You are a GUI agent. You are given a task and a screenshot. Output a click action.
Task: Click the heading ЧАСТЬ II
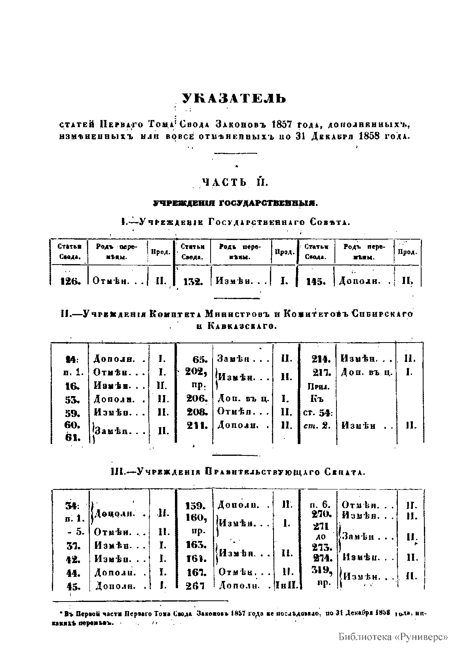pos(236,182)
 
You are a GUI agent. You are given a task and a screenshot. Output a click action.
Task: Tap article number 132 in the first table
pos(193,282)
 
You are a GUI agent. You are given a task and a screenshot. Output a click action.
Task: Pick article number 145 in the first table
pos(316,282)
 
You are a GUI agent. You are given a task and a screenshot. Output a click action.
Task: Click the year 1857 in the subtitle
pos(281,124)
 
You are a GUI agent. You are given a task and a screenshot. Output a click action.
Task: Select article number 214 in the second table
pos(320,360)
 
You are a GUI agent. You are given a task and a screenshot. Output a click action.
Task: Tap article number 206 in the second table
pos(197,398)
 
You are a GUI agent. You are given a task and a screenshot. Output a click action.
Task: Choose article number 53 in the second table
pos(72,400)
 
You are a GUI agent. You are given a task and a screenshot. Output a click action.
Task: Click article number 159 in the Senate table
pos(196,506)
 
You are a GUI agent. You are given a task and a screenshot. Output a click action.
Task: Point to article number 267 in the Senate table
pos(195,586)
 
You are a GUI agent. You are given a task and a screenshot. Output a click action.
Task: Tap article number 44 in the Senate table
pos(72,573)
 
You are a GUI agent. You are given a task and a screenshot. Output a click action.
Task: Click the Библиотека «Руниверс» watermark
pos(393,637)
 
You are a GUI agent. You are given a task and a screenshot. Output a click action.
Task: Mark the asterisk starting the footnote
pos(61,613)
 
